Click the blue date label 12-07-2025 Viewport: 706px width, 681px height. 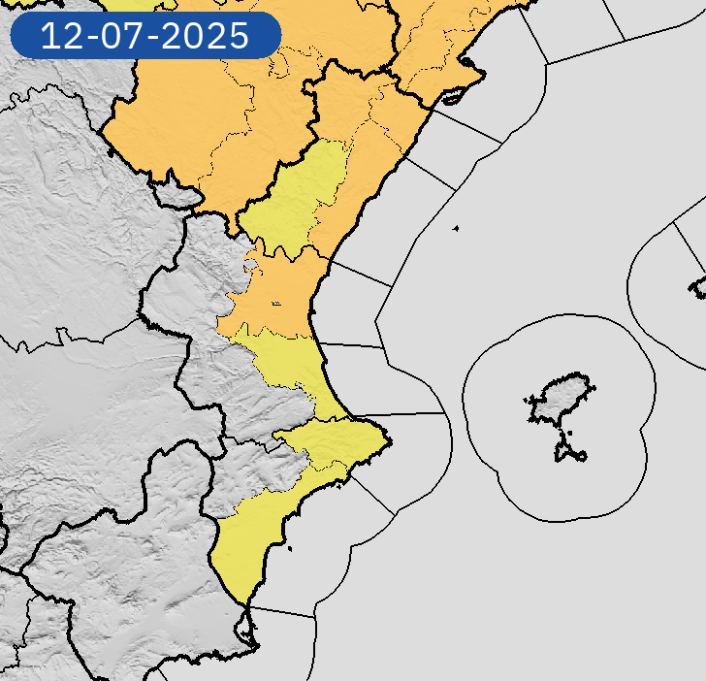click(144, 36)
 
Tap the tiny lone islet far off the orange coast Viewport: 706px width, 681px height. click(455, 229)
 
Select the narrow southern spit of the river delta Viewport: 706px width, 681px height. click(452, 97)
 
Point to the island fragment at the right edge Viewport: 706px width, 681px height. click(698, 286)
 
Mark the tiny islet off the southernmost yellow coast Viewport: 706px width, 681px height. click(289, 552)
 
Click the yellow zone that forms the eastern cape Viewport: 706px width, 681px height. click(339, 441)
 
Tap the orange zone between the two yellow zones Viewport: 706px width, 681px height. click(281, 291)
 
